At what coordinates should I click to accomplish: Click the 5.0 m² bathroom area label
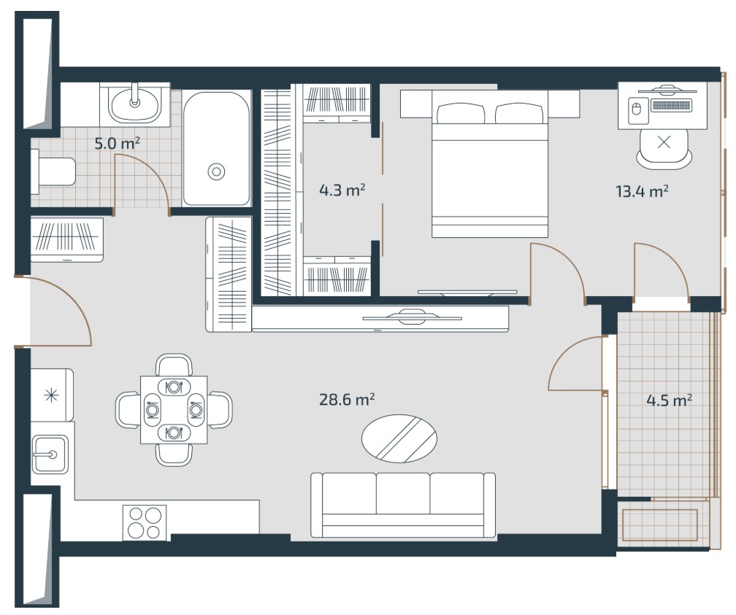click(118, 143)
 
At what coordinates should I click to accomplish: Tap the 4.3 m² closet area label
click(342, 190)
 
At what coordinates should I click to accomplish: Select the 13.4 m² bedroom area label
click(642, 191)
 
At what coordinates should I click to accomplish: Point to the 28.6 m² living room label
click(347, 400)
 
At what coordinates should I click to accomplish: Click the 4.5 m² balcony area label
click(670, 401)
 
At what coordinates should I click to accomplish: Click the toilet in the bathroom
click(53, 171)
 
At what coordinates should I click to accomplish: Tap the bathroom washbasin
click(134, 104)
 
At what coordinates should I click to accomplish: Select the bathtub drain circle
click(216, 171)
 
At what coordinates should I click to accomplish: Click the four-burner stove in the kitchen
click(145, 522)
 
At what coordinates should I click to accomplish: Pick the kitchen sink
click(50, 454)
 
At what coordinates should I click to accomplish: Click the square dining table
click(174, 409)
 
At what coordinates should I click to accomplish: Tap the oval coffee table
click(399, 438)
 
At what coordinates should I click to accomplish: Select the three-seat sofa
click(403, 505)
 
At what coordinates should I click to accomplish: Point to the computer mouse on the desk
click(637, 109)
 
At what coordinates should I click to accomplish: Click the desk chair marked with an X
click(664, 147)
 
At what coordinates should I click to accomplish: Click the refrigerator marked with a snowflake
click(52, 395)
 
